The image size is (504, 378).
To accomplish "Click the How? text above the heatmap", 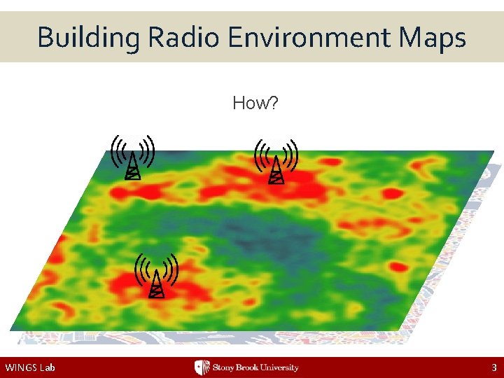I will tap(255, 104).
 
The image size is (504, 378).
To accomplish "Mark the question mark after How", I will tap(275, 104).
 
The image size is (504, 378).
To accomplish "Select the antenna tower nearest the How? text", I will tap(276, 168).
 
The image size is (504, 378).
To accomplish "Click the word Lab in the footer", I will tap(48, 367).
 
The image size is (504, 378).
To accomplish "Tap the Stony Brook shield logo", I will tap(202, 367).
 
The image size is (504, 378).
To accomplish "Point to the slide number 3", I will tap(494, 367).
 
